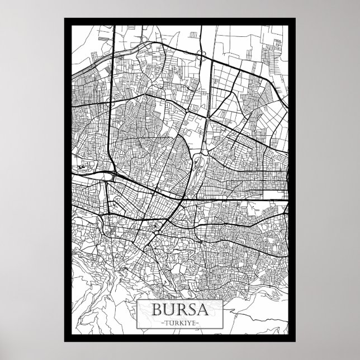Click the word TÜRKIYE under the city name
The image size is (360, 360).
[x=179, y=324]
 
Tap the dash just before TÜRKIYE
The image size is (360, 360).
[x=162, y=324]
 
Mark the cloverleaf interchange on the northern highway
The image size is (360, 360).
[x=200, y=53]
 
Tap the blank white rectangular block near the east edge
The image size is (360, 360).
[x=273, y=195]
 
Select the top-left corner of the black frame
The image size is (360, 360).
[x=65, y=18]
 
